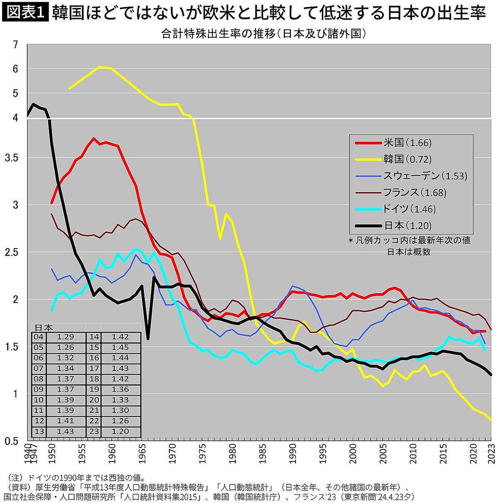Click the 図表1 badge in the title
[26, 13]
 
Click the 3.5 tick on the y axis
[13, 158]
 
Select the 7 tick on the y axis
[16, 44]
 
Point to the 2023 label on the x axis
[492, 454]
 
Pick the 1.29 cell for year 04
[65, 337]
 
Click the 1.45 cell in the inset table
[120, 347]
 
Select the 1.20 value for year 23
[120, 431]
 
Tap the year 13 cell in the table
[39, 431]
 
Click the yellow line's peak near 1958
[100, 67]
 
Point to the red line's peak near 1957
[94, 139]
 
